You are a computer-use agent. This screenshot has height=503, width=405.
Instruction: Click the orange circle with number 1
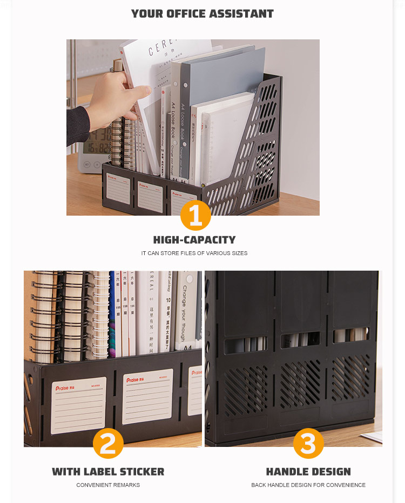195,215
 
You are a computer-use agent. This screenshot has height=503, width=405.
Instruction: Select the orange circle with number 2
108,444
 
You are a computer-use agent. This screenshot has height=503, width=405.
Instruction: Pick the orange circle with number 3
308,444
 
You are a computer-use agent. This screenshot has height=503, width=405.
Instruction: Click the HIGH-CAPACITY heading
194,240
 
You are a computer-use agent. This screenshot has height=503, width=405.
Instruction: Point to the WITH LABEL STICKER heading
108,472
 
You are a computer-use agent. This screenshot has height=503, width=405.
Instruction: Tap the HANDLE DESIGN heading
308,472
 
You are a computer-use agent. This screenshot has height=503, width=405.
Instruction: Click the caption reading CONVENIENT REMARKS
108,485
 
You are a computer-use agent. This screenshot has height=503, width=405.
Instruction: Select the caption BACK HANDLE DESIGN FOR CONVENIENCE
308,485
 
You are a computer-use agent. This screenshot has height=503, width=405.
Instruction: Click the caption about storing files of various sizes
194,253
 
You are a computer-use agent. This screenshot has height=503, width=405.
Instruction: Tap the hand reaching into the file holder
116,97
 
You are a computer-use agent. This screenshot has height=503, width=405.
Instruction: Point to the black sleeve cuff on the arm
77,125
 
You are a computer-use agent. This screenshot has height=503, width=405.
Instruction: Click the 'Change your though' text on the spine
184,313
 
